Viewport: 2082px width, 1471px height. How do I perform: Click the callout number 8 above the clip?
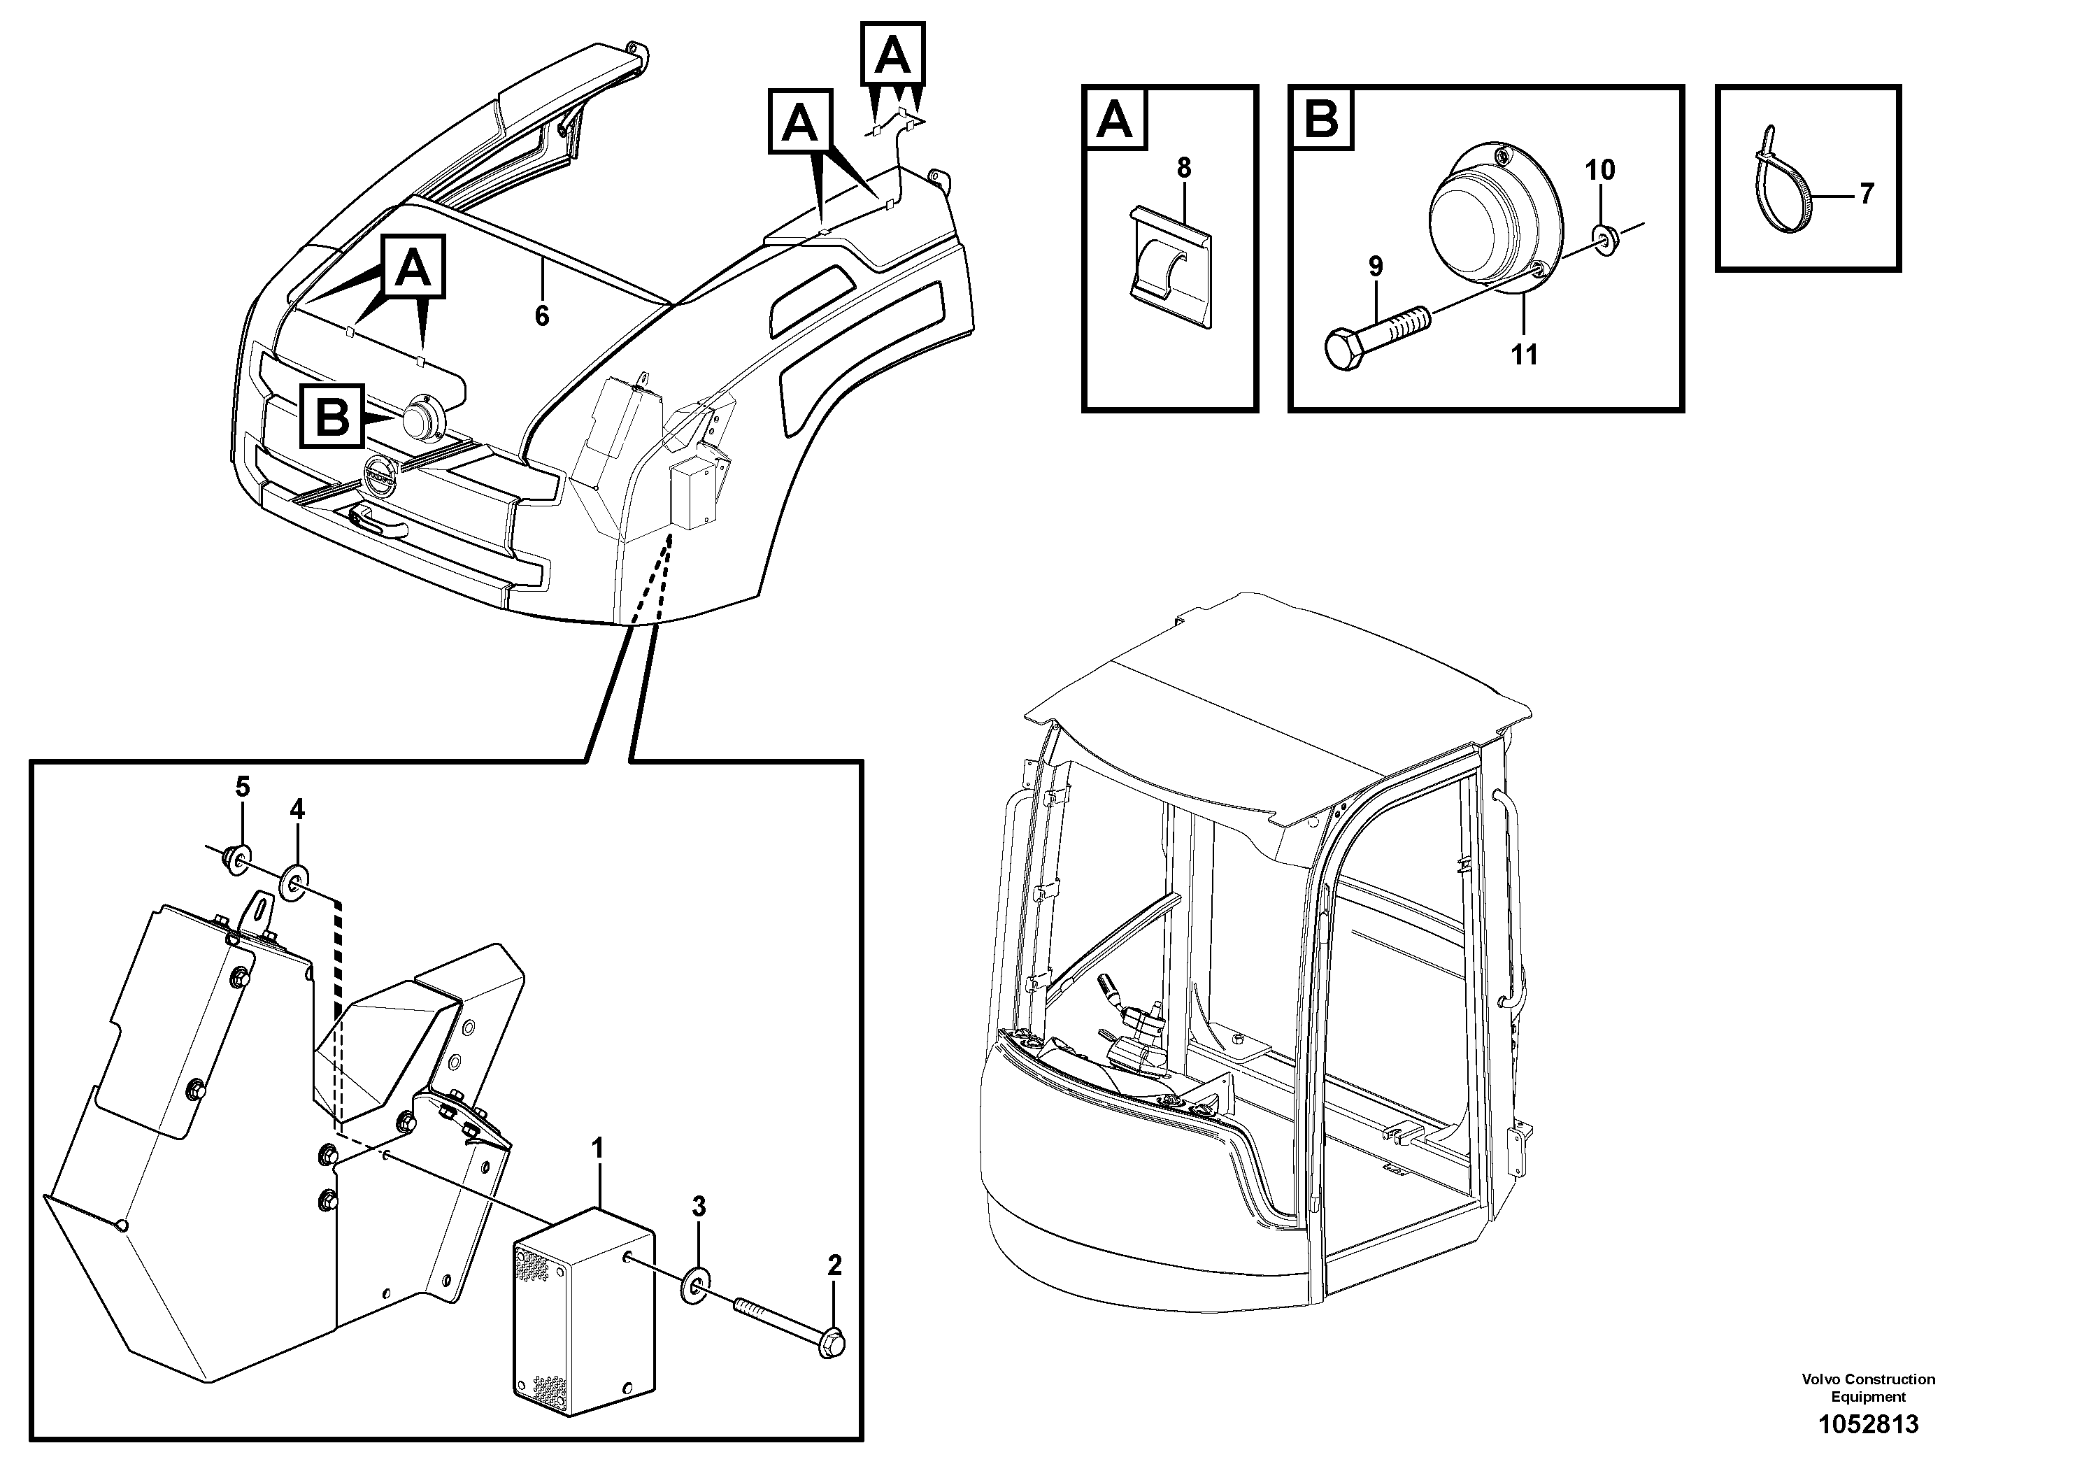(x=1183, y=169)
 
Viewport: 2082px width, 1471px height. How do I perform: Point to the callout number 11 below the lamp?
(x=1525, y=355)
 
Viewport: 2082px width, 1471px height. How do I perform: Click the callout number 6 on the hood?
(x=541, y=315)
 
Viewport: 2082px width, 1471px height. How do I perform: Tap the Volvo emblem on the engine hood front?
(x=379, y=477)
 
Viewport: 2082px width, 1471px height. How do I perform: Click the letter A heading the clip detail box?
(x=1115, y=119)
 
